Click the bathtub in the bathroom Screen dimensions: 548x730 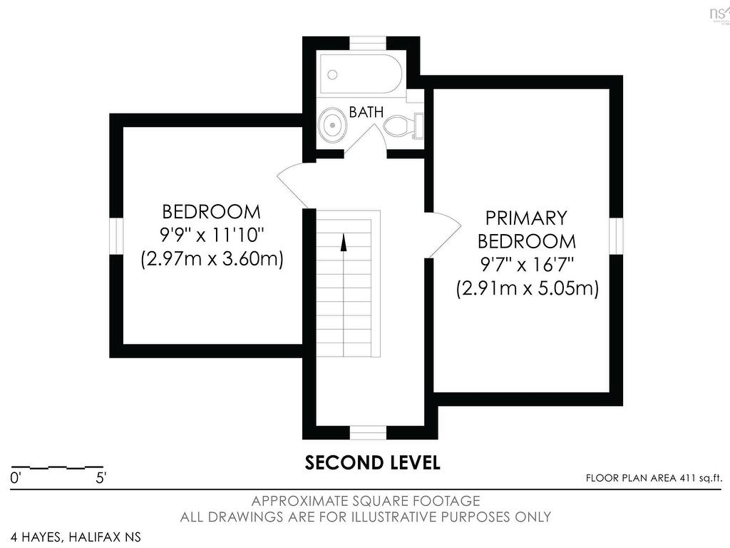pyautogui.click(x=361, y=73)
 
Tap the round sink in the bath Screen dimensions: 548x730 pyautogui.click(x=332, y=125)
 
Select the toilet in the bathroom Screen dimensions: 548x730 pyautogui.click(x=403, y=126)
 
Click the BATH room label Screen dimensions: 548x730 pyautogui.click(x=366, y=112)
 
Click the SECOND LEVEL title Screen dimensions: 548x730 pyautogui.click(x=372, y=462)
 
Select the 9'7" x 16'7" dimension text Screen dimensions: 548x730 pyautogui.click(x=526, y=265)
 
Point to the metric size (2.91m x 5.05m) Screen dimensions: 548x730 pyautogui.click(x=526, y=288)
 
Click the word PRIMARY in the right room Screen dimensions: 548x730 pyautogui.click(x=526, y=217)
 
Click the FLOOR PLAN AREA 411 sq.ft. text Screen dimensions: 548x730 pyautogui.click(x=654, y=478)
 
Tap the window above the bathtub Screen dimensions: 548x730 pyautogui.click(x=368, y=42)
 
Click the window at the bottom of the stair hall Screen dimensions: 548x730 pyautogui.click(x=368, y=432)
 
